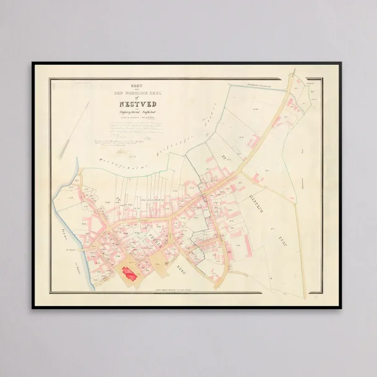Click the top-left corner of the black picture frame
tap(33, 63)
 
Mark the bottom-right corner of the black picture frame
tap(344, 307)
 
